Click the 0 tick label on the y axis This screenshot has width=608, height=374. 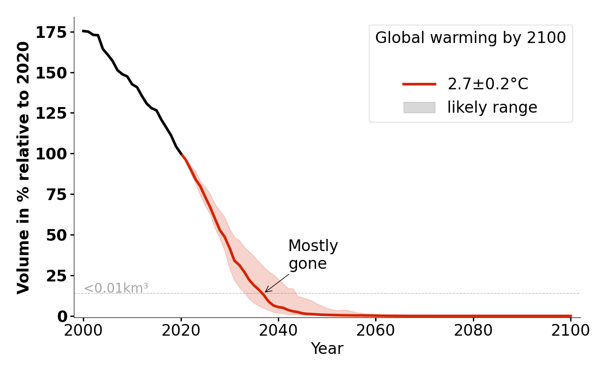tap(62, 316)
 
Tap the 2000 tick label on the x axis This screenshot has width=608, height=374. tap(83, 331)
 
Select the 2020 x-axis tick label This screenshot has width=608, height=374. tap(181, 331)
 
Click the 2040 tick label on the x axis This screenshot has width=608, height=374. tap(278, 331)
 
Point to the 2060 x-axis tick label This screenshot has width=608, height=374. tap(376, 331)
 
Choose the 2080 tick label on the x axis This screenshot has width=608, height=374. tap(473, 331)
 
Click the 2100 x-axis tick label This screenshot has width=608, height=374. tap(571, 331)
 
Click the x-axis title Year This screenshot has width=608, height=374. tap(327, 349)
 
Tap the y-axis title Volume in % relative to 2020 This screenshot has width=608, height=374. tap(23, 167)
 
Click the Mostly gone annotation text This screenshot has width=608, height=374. tap(313, 255)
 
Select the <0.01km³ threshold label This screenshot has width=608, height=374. tap(116, 288)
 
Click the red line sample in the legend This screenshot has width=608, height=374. tap(419, 84)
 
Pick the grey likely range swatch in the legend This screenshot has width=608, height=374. tap(419, 108)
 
